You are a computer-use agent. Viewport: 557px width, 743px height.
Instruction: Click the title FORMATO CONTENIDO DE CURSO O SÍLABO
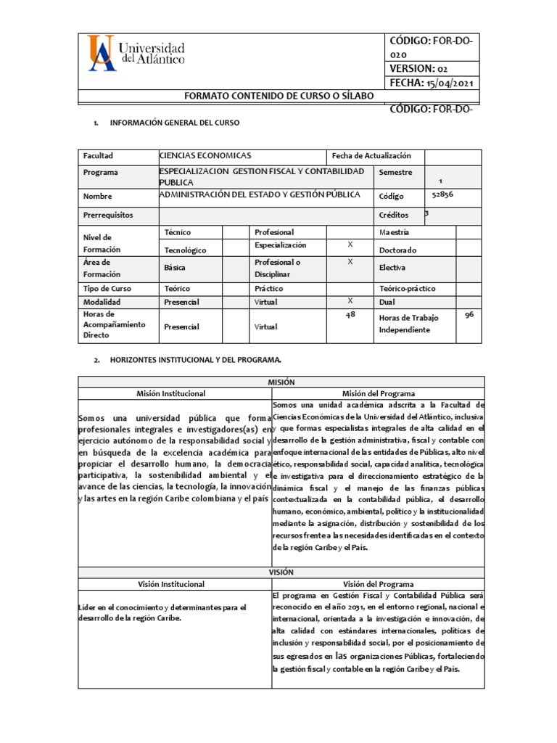click(x=278, y=97)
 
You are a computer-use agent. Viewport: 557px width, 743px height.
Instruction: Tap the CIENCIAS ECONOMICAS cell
click(x=205, y=156)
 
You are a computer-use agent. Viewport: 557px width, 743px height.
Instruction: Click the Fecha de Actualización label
click(x=371, y=156)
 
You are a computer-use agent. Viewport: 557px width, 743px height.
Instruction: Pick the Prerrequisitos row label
click(x=109, y=215)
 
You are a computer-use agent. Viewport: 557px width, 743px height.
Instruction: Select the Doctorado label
click(x=400, y=250)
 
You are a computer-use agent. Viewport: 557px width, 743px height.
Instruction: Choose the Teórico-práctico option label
click(x=409, y=288)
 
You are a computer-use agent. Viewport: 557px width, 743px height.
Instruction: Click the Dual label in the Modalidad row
click(x=388, y=302)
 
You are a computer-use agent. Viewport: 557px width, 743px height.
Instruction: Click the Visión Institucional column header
click(x=171, y=583)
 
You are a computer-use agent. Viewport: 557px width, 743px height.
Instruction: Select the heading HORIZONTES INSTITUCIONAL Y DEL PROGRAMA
click(x=194, y=360)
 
